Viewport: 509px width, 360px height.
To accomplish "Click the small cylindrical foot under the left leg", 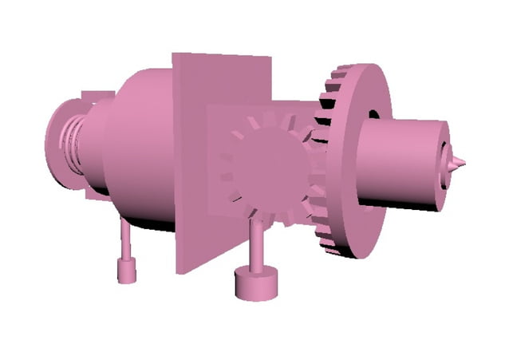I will pos(127,271).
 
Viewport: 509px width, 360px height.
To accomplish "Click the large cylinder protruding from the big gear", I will pos(399,164).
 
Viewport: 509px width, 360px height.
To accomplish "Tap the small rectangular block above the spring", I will pos(93,99).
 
